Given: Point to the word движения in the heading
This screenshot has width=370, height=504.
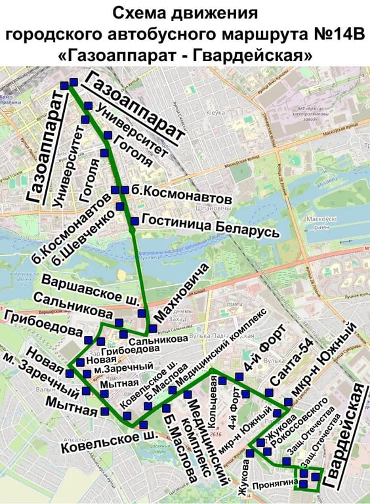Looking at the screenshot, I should [x=214, y=14].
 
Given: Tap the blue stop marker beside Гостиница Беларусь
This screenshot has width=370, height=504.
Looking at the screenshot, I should [x=134, y=220].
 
